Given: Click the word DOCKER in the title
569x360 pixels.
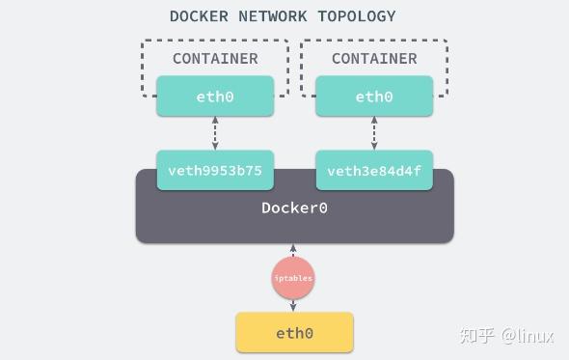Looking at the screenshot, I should tap(199, 16).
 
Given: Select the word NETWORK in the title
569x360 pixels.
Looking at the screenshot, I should tap(271, 16).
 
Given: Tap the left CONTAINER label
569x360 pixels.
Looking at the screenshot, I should tap(215, 59).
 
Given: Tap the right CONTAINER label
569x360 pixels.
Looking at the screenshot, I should tap(374, 59).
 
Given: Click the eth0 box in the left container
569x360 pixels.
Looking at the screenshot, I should tap(215, 97).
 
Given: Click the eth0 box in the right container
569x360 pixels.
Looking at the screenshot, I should tap(374, 97).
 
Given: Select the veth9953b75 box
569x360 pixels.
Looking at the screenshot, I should tap(215, 171).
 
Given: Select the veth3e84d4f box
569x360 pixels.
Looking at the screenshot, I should tap(374, 171).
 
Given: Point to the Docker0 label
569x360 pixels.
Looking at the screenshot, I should tap(294, 208).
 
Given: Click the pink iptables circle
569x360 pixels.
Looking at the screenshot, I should tap(293, 278).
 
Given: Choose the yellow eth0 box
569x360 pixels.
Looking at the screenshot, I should tap(294, 333).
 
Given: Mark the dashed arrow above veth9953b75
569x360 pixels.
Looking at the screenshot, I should tap(215, 133).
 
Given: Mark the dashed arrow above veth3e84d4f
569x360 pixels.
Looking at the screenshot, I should tap(374, 133).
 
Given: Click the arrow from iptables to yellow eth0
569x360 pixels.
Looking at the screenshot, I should tap(293, 304).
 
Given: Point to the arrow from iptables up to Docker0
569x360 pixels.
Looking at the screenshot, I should tap(293, 252).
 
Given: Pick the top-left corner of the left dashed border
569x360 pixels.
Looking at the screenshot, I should tap(144, 42).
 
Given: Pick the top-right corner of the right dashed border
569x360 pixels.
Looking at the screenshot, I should tap(447, 42).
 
